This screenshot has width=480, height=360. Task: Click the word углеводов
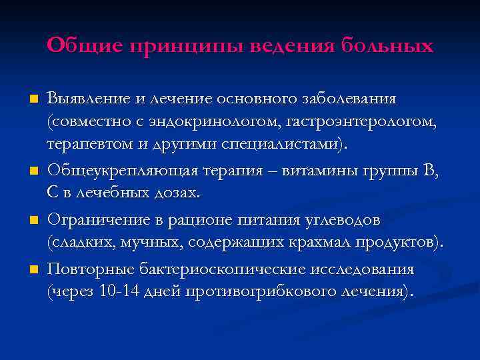(339, 219)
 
